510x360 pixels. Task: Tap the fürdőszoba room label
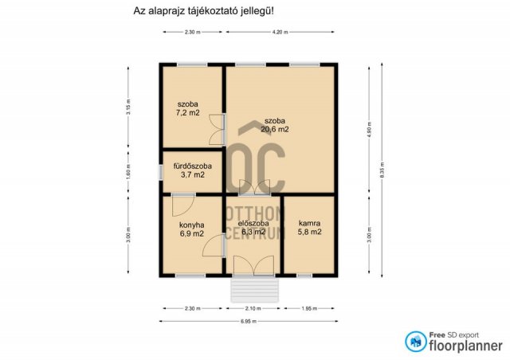pyautogui.click(x=192, y=166)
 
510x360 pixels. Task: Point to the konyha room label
pyautogui.click(x=191, y=225)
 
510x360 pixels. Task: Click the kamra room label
pyautogui.click(x=309, y=223)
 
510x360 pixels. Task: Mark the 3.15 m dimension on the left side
pyautogui.click(x=127, y=108)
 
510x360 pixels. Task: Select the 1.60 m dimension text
pyautogui.click(x=127, y=171)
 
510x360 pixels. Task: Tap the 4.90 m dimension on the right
pyautogui.click(x=369, y=129)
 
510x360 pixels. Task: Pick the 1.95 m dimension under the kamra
pyautogui.click(x=309, y=308)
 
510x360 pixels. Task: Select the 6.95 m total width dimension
pyautogui.click(x=249, y=321)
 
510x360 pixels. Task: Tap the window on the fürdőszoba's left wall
pyautogui.click(x=159, y=171)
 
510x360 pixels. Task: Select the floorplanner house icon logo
pyautogui.click(x=414, y=341)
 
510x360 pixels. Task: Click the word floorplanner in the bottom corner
pyautogui.click(x=465, y=346)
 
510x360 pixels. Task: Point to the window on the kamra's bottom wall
pyautogui.click(x=304, y=276)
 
